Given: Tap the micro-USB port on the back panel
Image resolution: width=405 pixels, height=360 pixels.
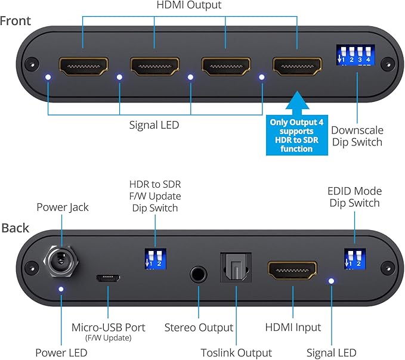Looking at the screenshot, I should tap(109, 278).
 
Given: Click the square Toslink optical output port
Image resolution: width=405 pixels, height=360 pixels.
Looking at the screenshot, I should tap(236, 269).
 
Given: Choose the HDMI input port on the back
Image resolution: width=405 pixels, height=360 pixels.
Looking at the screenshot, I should tap(293, 271).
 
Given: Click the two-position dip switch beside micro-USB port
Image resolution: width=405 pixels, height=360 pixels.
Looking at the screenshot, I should tap(155, 259).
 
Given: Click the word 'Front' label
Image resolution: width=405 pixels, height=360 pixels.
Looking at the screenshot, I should tap(16, 21).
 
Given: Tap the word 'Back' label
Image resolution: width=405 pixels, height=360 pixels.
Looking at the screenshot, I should tap(14, 228).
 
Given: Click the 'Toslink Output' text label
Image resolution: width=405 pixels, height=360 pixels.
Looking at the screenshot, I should tap(237, 353).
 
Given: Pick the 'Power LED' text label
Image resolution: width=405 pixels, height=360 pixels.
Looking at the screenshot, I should tap(61, 353).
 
